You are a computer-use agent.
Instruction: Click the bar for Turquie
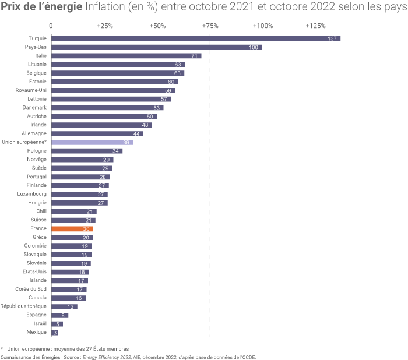(195, 38)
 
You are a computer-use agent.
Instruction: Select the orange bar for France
(72, 229)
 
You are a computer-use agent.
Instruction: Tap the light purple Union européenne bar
(92, 142)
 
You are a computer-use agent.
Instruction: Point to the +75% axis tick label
(210, 26)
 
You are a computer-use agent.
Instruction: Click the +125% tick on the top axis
(315, 26)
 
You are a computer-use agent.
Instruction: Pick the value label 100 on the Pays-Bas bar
(254, 47)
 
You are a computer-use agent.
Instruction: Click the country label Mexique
(37, 333)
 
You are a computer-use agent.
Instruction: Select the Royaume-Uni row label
(31, 90)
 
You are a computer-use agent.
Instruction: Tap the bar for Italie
(126, 56)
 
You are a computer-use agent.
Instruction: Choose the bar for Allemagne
(97, 133)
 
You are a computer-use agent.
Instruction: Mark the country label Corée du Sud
(31, 290)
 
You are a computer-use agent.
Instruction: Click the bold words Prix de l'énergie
(41, 8)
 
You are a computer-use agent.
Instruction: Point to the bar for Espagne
(59, 315)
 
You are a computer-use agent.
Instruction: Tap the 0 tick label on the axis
(51, 26)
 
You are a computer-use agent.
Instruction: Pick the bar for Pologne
(87, 151)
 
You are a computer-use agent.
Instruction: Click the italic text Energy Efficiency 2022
(107, 357)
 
